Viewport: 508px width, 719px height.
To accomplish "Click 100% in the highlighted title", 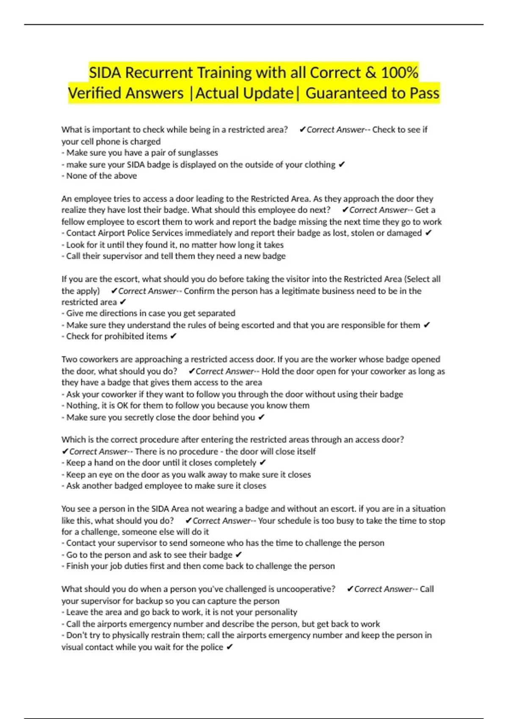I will pyautogui.click(x=399, y=73).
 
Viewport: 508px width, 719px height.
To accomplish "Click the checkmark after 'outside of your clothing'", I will pyautogui.click(x=342, y=165).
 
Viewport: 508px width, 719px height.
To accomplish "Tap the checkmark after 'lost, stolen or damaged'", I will pyautogui.click(x=428, y=233).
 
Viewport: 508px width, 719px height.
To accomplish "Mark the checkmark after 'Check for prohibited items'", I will pyautogui.click(x=173, y=337).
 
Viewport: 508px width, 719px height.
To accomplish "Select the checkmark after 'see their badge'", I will pyautogui.click(x=238, y=555).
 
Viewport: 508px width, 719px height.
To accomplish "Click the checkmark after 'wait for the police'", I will pyautogui.click(x=229, y=647).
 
